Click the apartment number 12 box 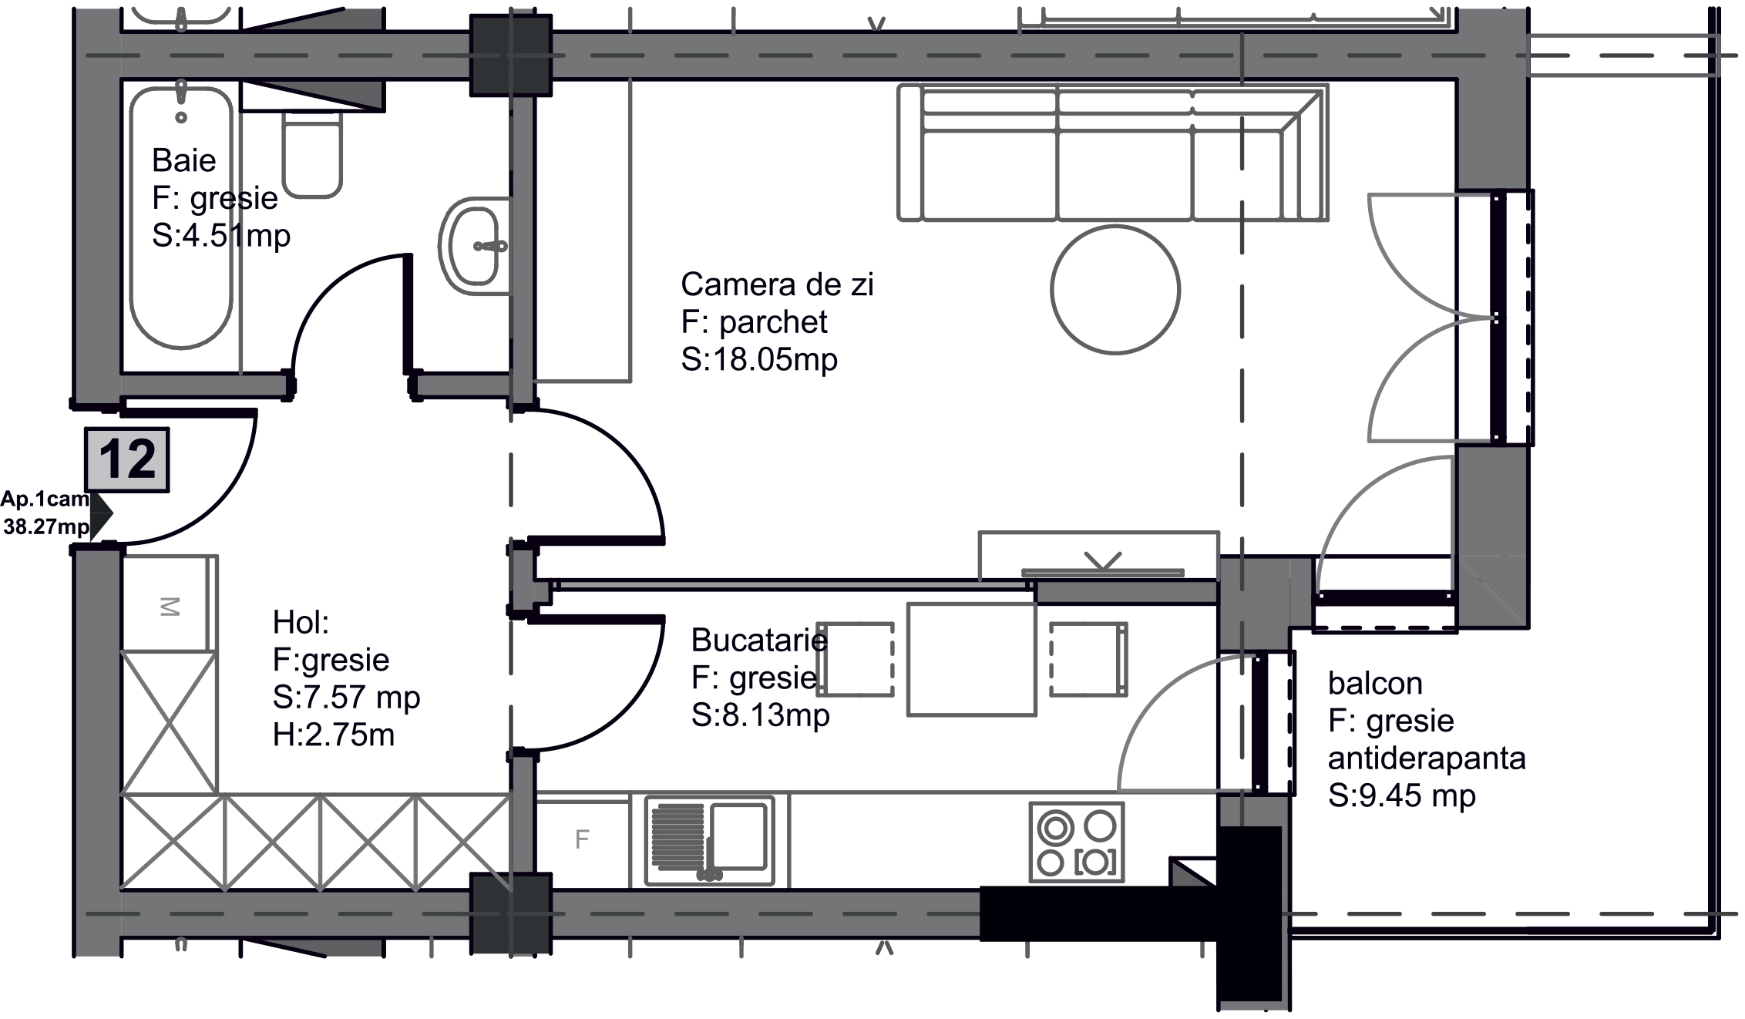pos(127,459)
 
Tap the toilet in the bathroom pos(312,155)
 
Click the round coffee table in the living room pos(1115,290)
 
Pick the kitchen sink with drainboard pos(710,841)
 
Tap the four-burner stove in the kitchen pos(1077,842)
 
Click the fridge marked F pos(583,839)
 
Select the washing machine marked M pos(169,606)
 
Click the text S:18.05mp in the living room pos(759,360)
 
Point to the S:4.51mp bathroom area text pos(221,235)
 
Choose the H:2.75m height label pos(334,735)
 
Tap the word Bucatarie pos(759,640)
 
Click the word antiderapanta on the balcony pos(1427,758)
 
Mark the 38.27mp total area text pos(46,527)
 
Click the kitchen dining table pos(971,659)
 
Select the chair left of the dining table pos(856,659)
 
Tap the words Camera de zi pos(777,284)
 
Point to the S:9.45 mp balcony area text pos(1402,795)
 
